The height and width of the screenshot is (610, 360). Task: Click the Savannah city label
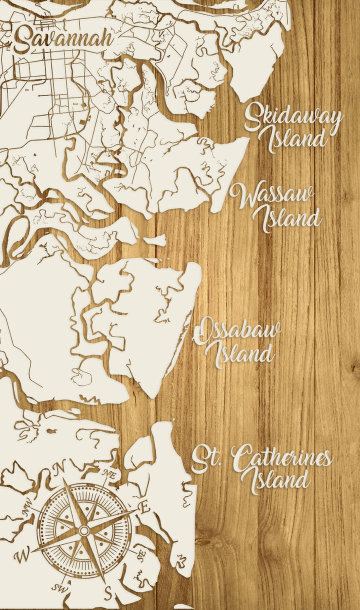point(62,39)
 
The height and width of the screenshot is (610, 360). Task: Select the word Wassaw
point(272,195)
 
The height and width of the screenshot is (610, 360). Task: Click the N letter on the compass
point(60,468)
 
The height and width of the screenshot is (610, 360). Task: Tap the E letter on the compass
point(144,508)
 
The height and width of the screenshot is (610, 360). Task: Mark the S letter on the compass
point(107,593)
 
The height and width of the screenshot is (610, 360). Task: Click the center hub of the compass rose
point(84,530)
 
